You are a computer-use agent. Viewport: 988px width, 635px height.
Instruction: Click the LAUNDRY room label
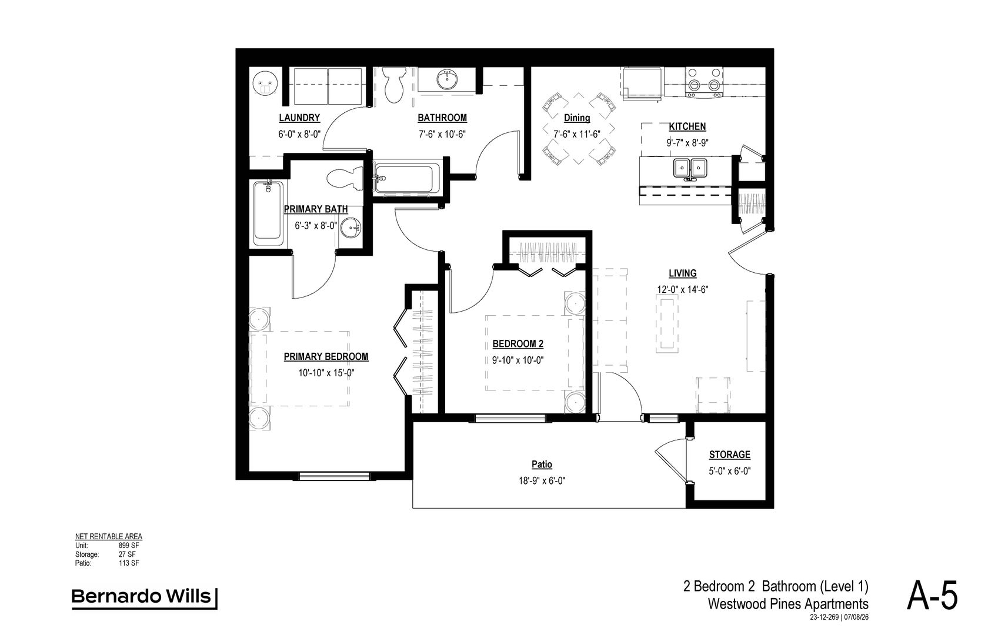click(299, 118)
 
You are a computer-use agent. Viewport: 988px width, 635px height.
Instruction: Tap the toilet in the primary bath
click(345, 179)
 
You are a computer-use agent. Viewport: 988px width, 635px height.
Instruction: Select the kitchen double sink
click(690, 168)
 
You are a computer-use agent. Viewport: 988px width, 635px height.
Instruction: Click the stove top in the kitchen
click(704, 82)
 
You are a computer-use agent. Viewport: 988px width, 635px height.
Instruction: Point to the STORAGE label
click(729, 454)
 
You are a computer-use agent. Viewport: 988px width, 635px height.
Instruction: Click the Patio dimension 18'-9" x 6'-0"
click(542, 481)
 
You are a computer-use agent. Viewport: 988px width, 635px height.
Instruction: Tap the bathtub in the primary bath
click(268, 213)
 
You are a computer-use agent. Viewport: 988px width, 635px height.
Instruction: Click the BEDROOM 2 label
click(518, 344)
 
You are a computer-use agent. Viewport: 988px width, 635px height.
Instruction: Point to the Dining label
click(577, 118)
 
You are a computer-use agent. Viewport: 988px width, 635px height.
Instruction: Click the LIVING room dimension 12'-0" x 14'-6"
click(682, 290)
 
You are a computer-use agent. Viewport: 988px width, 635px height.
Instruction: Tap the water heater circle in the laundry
click(265, 83)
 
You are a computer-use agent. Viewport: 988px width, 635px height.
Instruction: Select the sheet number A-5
click(932, 596)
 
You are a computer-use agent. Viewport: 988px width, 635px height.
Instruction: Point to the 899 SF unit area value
click(129, 546)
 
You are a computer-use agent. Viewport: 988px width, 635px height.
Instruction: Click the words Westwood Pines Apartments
click(788, 604)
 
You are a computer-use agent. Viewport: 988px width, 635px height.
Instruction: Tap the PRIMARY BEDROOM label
click(326, 357)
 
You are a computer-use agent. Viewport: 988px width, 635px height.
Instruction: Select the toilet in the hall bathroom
click(394, 85)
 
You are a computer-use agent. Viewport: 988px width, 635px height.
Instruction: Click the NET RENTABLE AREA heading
click(108, 537)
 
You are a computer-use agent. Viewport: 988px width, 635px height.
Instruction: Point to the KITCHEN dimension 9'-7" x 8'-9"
click(687, 143)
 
